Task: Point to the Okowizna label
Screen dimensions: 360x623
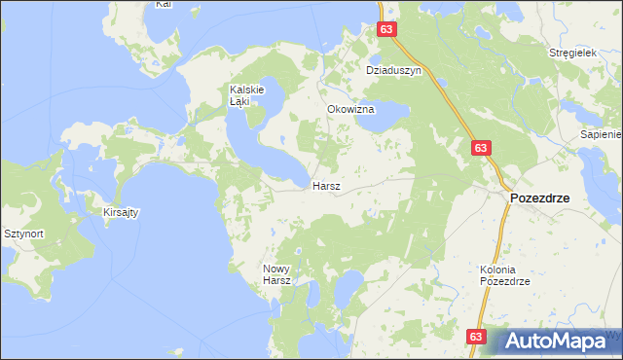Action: (350, 110)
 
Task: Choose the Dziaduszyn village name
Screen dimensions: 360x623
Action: (392, 71)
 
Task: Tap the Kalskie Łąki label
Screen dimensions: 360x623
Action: (234, 94)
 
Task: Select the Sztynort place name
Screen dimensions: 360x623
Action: (23, 234)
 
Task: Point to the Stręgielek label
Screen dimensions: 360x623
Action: (571, 53)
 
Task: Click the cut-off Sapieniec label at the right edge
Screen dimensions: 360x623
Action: (600, 135)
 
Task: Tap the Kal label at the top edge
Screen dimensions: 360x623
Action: (164, 5)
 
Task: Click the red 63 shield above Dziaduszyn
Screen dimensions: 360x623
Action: (387, 30)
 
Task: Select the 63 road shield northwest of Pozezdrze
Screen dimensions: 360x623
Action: (480, 147)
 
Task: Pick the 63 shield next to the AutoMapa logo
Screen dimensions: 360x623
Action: (475, 336)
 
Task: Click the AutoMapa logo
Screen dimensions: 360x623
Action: (558, 340)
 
